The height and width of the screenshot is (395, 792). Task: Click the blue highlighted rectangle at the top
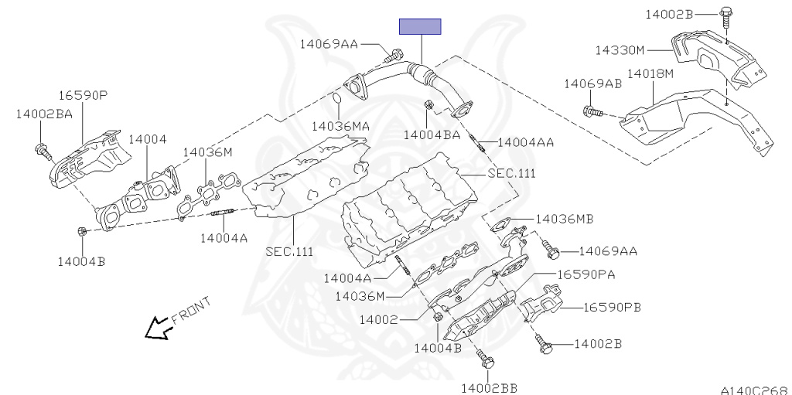click(x=420, y=27)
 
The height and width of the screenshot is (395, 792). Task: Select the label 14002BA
click(x=44, y=114)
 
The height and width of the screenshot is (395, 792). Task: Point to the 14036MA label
click(x=340, y=125)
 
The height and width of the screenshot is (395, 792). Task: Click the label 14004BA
click(x=432, y=135)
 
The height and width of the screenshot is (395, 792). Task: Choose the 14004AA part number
click(x=526, y=142)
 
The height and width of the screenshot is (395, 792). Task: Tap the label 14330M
click(x=620, y=50)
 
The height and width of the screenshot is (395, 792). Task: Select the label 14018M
click(x=650, y=73)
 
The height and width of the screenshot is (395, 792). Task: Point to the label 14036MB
click(x=564, y=219)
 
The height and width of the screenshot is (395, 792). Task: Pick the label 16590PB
click(x=611, y=308)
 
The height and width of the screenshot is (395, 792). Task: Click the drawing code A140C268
click(x=753, y=390)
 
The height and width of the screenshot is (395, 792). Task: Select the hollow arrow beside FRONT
click(x=159, y=329)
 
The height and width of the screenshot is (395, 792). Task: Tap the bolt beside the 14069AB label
click(x=593, y=113)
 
